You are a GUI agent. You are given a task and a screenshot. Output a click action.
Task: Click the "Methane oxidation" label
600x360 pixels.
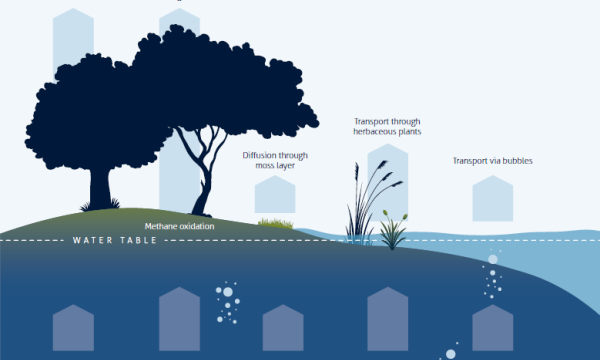tap(179, 226)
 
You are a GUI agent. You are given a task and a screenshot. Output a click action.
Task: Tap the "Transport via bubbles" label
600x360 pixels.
tap(491, 160)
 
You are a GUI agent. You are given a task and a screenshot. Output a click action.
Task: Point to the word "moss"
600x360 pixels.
tap(258, 167)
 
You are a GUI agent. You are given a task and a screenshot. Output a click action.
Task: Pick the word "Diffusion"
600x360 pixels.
tap(262, 156)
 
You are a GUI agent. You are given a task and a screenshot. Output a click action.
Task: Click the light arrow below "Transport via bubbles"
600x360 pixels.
tap(492, 198)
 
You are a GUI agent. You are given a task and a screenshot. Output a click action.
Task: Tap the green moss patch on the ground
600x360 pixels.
tap(276, 221)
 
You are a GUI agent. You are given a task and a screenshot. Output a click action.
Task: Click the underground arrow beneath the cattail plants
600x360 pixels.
tap(387, 320)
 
